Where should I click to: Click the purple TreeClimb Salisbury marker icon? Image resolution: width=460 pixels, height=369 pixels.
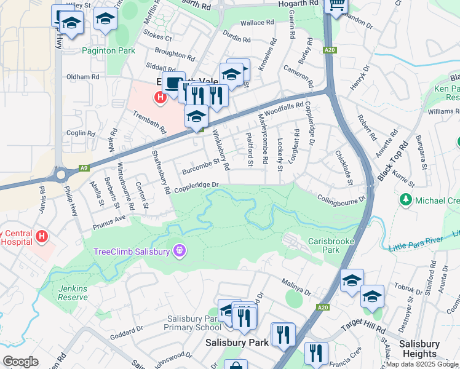click(179, 250)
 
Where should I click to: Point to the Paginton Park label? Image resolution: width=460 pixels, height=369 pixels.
click(108, 50)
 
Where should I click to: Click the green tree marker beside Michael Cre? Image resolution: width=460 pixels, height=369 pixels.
click(405, 200)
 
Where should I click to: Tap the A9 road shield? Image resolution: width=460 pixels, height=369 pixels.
click(84, 167)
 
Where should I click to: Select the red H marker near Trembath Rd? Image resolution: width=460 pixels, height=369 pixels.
click(161, 97)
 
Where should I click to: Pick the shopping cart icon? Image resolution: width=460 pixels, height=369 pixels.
click(336, 5)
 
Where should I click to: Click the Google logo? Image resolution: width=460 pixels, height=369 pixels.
click(20, 362)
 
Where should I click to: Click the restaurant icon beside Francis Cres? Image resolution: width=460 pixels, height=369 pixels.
click(316, 352)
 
